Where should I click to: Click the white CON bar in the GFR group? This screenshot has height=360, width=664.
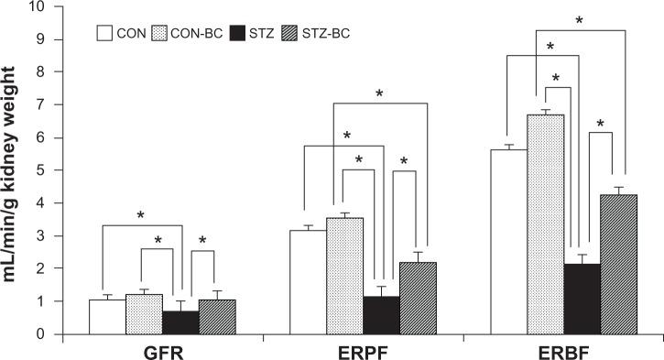click(x=107, y=317)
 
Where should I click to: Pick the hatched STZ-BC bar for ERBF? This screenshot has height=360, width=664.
click(x=619, y=265)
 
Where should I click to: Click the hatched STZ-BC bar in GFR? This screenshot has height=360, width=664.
click(x=216, y=317)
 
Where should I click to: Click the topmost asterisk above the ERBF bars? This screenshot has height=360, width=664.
click(x=579, y=20)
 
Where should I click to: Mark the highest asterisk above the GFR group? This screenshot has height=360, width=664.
click(x=141, y=216)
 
